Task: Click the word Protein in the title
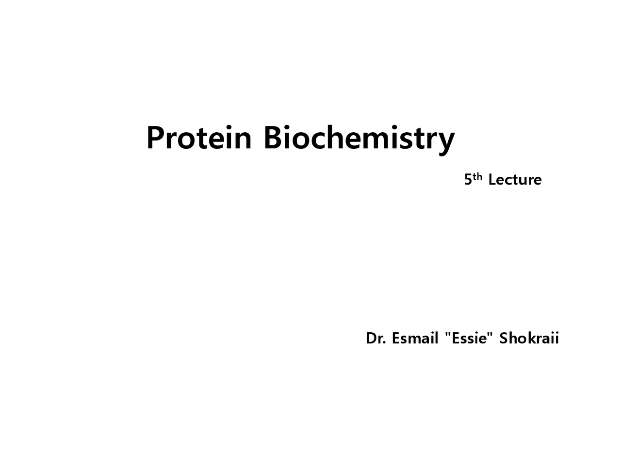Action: coord(199,138)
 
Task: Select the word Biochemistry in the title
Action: coord(359,138)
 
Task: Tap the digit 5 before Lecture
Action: coord(468,180)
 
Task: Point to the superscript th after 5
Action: coord(477,176)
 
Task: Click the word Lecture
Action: coord(515,180)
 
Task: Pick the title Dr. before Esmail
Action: coord(376,338)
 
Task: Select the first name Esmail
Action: coord(415,338)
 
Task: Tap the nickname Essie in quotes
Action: coord(469,338)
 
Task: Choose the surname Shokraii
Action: coord(529,338)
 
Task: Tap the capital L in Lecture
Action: coord(492,180)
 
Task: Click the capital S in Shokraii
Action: coord(504,338)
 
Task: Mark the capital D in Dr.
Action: coord(371,338)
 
